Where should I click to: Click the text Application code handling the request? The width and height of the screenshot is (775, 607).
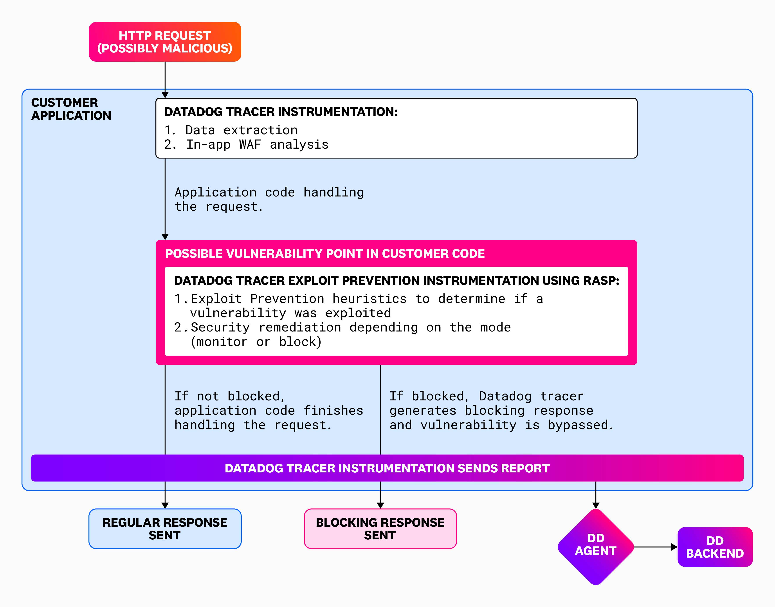click(269, 199)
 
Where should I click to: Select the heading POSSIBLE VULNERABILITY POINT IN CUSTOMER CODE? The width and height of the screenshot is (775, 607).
click(325, 254)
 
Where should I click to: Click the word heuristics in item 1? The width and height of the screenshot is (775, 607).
click(369, 299)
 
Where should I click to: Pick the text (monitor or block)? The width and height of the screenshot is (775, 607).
click(256, 342)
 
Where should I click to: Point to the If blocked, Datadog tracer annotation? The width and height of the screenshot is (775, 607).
click(501, 411)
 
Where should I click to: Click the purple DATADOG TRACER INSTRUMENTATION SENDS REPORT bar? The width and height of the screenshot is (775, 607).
click(387, 468)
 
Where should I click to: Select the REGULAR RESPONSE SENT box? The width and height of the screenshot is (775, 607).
click(165, 529)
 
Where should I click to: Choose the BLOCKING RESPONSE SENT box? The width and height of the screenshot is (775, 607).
click(380, 529)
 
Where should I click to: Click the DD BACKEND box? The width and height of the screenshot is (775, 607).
click(715, 547)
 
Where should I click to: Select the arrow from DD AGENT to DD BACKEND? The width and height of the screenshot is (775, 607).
click(654, 547)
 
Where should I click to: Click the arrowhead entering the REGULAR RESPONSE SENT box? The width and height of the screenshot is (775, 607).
click(165, 505)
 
